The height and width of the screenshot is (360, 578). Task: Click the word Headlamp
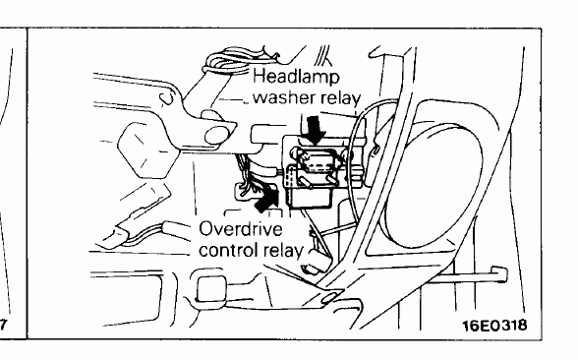coord(296,78)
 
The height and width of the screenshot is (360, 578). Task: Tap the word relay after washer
coord(340,98)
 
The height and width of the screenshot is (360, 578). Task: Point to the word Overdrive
coord(240,229)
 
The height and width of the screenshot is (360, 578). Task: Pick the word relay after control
coord(283,251)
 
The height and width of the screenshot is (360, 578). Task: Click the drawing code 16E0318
coord(494,326)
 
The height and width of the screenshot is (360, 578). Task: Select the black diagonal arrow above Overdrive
coord(266,199)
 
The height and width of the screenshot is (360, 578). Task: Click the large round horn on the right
coord(433,185)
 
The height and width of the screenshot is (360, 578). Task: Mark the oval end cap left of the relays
coord(215,135)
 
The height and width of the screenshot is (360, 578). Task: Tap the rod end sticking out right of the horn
coord(498,274)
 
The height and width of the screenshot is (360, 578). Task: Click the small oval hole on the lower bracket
coord(328,298)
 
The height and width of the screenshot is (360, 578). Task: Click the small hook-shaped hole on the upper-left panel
coord(166,98)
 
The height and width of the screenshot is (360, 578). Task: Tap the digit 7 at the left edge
coord(3,325)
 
